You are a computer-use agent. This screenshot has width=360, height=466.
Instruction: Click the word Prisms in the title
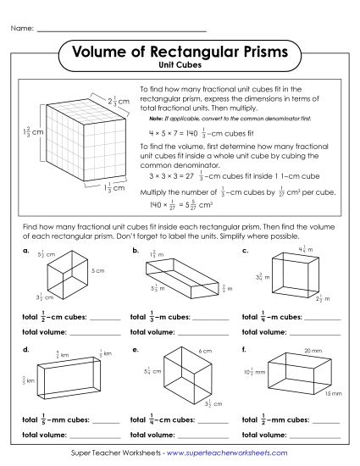(x=257, y=53)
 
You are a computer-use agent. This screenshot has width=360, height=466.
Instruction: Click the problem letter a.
(x=26, y=251)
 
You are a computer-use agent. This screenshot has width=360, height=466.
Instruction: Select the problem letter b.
(x=135, y=251)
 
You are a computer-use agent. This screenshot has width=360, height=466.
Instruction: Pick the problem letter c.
(x=245, y=251)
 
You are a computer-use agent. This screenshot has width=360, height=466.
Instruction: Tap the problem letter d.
(x=26, y=348)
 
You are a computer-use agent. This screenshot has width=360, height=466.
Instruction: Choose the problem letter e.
(x=135, y=348)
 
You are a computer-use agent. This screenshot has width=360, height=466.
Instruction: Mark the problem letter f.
(x=245, y=348)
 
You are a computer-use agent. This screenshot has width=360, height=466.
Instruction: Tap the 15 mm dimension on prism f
(x=336, y=395)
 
